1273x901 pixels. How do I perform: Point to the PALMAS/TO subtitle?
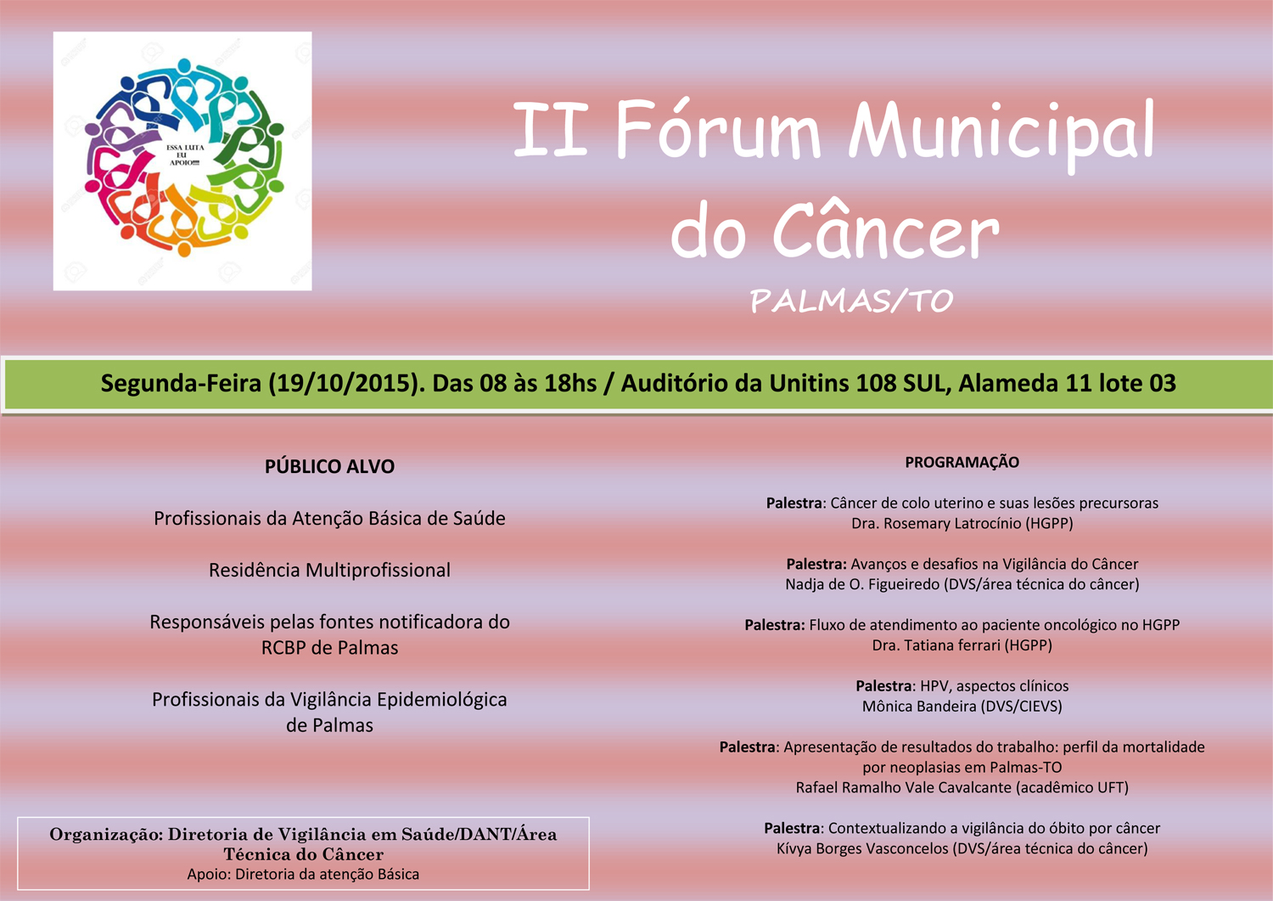tap(851, 301)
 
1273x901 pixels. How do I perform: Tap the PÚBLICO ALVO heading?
tap(329, 466)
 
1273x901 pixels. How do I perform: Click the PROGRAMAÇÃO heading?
tap(962, 462)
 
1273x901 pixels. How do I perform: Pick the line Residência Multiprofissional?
tap(329, 570)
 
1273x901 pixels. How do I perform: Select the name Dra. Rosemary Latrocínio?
tap(936, 523)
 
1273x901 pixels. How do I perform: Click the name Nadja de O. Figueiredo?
tap(859, 584)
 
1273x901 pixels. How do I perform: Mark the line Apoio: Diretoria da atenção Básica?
tap(303, 874)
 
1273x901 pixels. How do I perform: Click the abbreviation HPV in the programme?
tap(936, 686)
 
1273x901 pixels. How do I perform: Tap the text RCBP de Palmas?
tap(329, 648)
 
